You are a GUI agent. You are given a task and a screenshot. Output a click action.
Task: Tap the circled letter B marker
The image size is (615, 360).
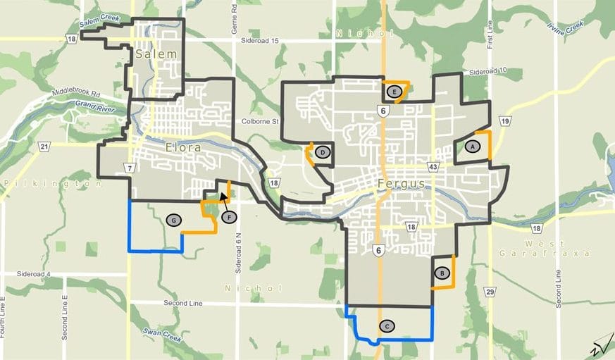click(x=442, y=273)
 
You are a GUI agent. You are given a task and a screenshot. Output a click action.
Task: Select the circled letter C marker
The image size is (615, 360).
click(x=386, y=325)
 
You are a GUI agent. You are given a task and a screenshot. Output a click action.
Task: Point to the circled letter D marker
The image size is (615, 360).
click(x=322, y=151)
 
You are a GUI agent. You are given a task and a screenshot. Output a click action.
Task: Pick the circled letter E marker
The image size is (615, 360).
click(x=395, y=92)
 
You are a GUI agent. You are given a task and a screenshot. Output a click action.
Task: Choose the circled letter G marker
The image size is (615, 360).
click(x=173, y=220)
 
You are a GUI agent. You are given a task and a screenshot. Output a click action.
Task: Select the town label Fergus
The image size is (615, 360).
click(x=402, y=184)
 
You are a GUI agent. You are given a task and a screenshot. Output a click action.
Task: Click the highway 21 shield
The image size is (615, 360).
click(x=45, y=147)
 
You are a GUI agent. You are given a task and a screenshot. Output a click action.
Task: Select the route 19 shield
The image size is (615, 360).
click(x=504, y=121)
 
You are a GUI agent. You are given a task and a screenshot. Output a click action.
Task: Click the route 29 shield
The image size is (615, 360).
click(x=490, y=291)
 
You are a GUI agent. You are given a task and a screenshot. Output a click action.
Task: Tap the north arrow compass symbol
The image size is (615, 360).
click(x=600, y=343)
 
